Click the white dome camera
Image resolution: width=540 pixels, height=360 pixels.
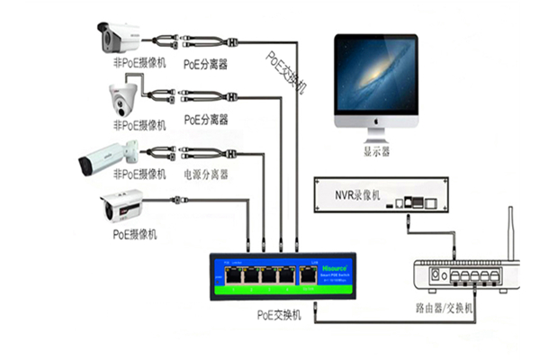coord(121,97)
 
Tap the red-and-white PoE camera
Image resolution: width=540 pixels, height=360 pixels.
coord(121,207)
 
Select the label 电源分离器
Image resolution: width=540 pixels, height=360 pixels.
coord(206,174)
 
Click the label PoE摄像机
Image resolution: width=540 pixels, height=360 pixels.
coord(135,234)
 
